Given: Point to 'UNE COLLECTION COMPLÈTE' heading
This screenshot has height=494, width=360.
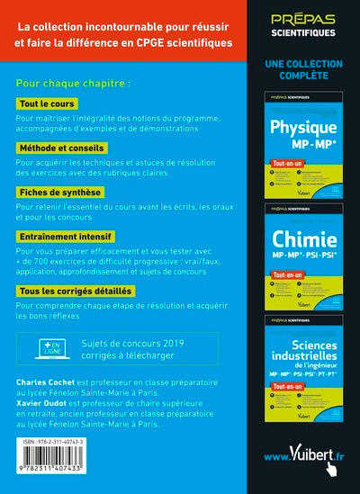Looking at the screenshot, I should click(x=304, y=70).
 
